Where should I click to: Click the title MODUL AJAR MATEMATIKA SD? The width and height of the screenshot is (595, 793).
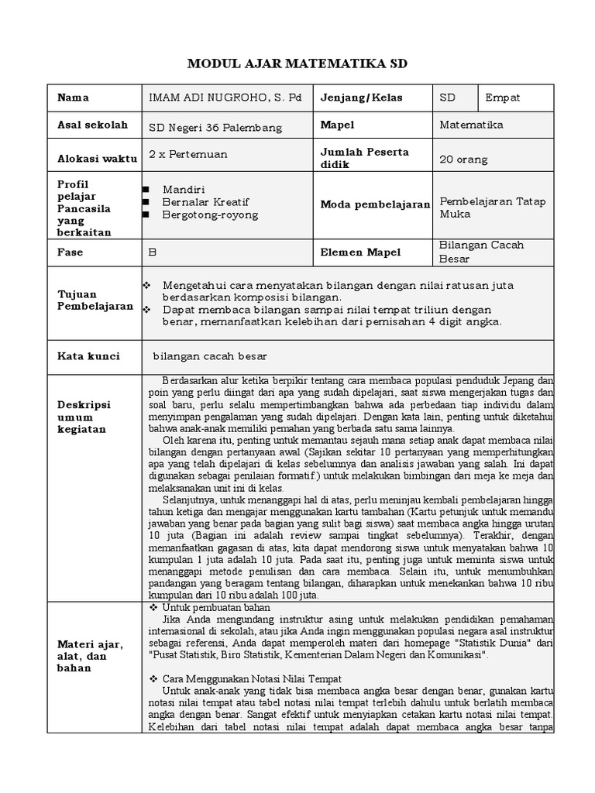click(297, 64)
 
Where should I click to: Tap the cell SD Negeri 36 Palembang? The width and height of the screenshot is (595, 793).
click(215, 128)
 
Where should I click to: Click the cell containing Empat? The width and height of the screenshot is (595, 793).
click(503, 98)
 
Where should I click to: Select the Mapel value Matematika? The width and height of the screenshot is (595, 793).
click(471, 125)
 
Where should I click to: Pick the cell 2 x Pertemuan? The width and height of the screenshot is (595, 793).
click(188, 154)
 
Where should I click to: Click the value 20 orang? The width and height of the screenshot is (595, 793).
click(463, 160)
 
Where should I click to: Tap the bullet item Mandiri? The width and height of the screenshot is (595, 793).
click(179, 190)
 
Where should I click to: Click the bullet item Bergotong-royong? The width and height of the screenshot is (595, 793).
click(210, 215)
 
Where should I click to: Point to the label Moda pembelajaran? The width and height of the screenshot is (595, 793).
click(375, 204)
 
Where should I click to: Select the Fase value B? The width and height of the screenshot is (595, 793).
click(152, 252)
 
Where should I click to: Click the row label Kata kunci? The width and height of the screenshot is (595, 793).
click(88, 356)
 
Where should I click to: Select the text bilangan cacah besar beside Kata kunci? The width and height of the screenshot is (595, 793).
click(209, 356)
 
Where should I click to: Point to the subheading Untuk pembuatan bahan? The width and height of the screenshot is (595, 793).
click(216, 608)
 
